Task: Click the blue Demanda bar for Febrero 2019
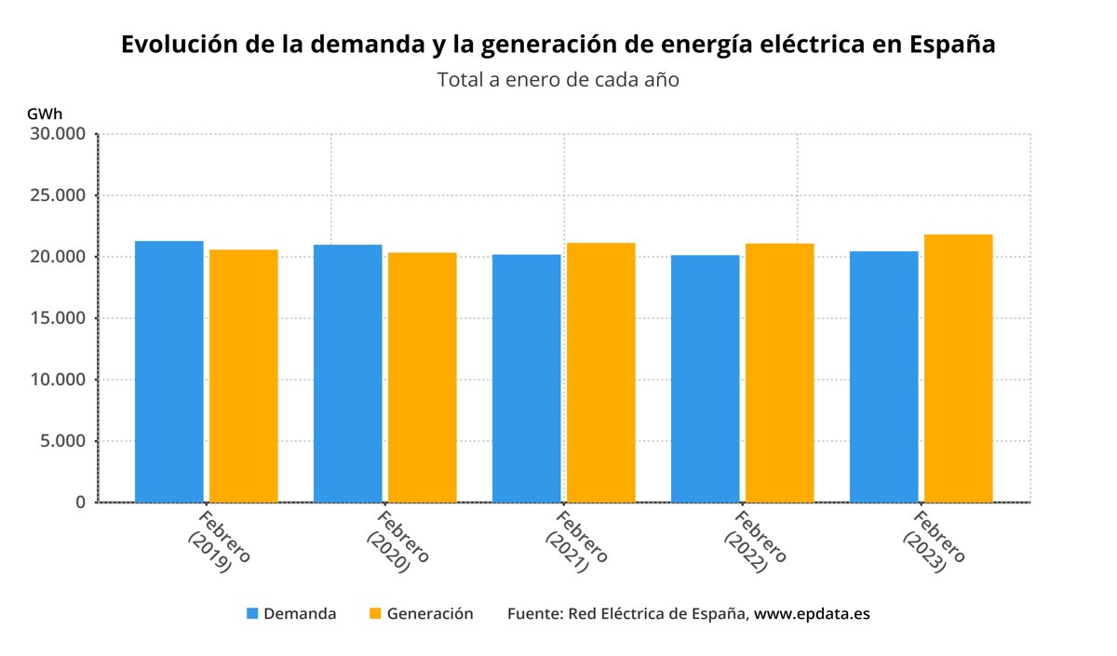(168, 372)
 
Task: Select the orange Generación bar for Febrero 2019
(243, 376)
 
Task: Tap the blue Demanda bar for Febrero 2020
(347, 374)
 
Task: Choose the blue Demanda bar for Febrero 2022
(705, 379)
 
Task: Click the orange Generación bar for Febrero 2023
(958, 368)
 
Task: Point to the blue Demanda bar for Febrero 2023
(883, 377)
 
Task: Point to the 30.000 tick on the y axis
(59, 134)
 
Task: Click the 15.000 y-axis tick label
(59, 318)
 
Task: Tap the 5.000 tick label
(62, 441)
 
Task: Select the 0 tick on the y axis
(80, 502)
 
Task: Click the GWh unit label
(45, 114)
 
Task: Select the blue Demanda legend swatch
(252, 614)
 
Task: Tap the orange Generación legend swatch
(375, 614)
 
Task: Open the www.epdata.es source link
(812, 614)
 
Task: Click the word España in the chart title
(952, 45)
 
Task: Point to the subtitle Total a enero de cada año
(558, 80)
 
